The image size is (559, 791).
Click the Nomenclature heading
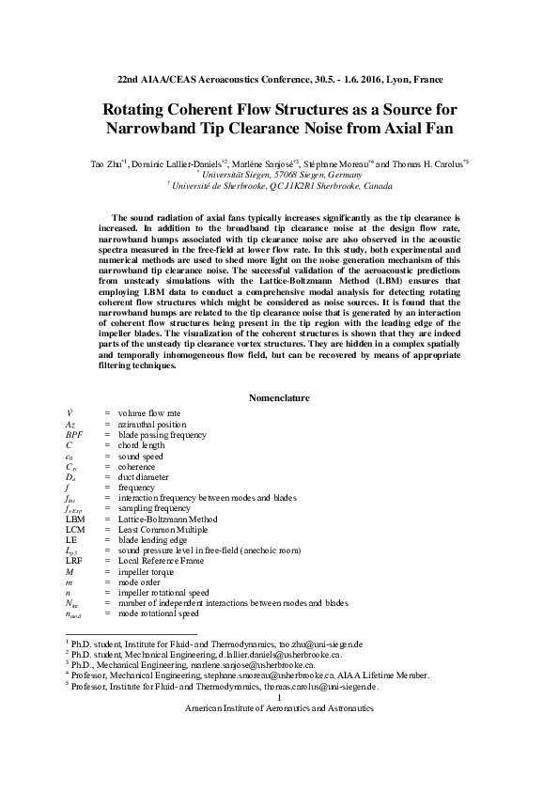pyautogui.click(x=279, y=397)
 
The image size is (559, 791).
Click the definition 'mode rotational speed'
pyautogui.click(x=159, y=613)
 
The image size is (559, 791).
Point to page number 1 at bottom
pyautogui.click(x=280, y=698)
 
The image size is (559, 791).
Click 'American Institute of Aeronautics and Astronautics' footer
pyautogui.click(x=280, y=708)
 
